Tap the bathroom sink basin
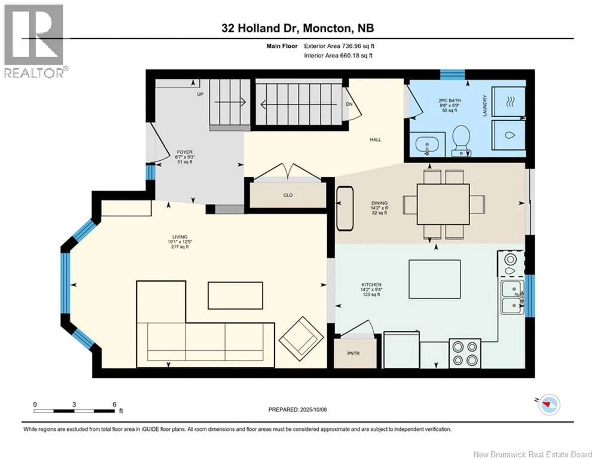427,146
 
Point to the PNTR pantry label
353,353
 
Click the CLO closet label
288,195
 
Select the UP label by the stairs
200,94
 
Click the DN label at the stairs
349,104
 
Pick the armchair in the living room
301,339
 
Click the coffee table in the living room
235,295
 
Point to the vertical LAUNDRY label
485,106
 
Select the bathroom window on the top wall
452,75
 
